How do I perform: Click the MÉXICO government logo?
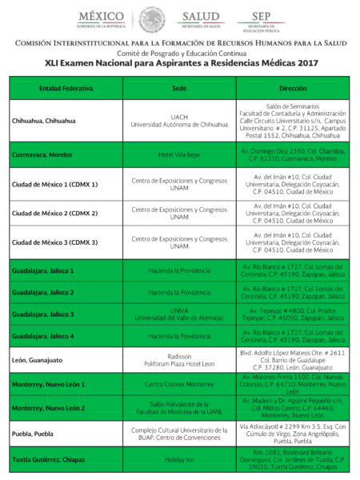tap(101, 18)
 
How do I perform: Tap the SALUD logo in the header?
tap(200, 18)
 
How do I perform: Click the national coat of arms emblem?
tap(151, 19)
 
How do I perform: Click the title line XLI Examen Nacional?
tap(181, 62)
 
